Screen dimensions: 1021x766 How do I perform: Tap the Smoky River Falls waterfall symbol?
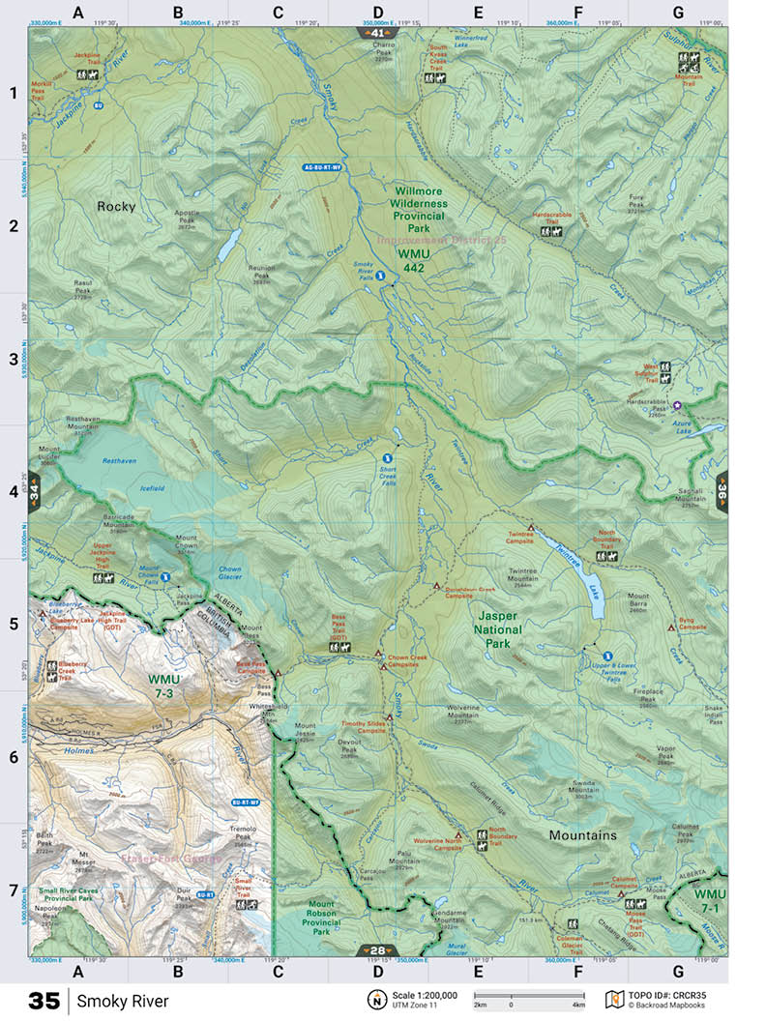pos(380,277)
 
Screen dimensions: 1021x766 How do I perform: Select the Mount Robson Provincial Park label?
pos(321,918)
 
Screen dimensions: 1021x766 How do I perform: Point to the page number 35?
pos(44,1001)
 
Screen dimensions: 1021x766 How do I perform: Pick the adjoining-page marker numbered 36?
pos(722,491)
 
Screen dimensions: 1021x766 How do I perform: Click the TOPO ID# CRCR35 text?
pos(673,995)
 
